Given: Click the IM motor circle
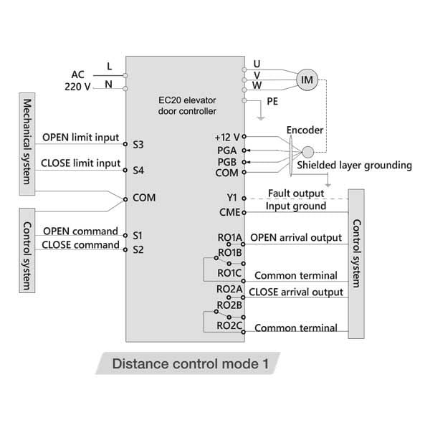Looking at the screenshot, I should tap(307, 80).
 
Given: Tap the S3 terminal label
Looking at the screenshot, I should tap(138, 145).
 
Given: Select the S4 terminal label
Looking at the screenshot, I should tap(138, 171).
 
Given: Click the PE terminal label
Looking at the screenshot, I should tap(272, 102).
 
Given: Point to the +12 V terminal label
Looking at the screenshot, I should tap(226, 136).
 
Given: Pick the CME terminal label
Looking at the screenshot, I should tap(228, 212).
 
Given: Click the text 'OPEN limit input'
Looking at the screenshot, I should tap(82, 137).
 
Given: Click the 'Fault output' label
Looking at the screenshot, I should tap(295, 193).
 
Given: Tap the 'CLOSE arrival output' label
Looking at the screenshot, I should tap(296, 292).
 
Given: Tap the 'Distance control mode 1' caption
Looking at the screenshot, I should tap(190, 363).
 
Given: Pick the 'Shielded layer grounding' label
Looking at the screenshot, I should tap(355, 166).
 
